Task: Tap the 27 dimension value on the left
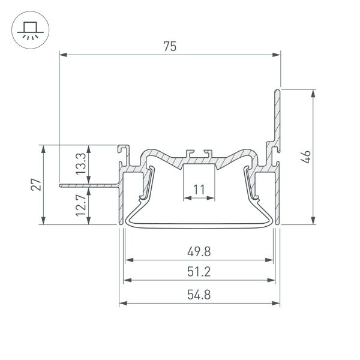[36, 184]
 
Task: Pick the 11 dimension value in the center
[199, 190]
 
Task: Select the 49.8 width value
[199, 252]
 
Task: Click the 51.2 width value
[199, 272]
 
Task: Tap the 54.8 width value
[199, 295]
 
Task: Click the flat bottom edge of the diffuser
[199, 226]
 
